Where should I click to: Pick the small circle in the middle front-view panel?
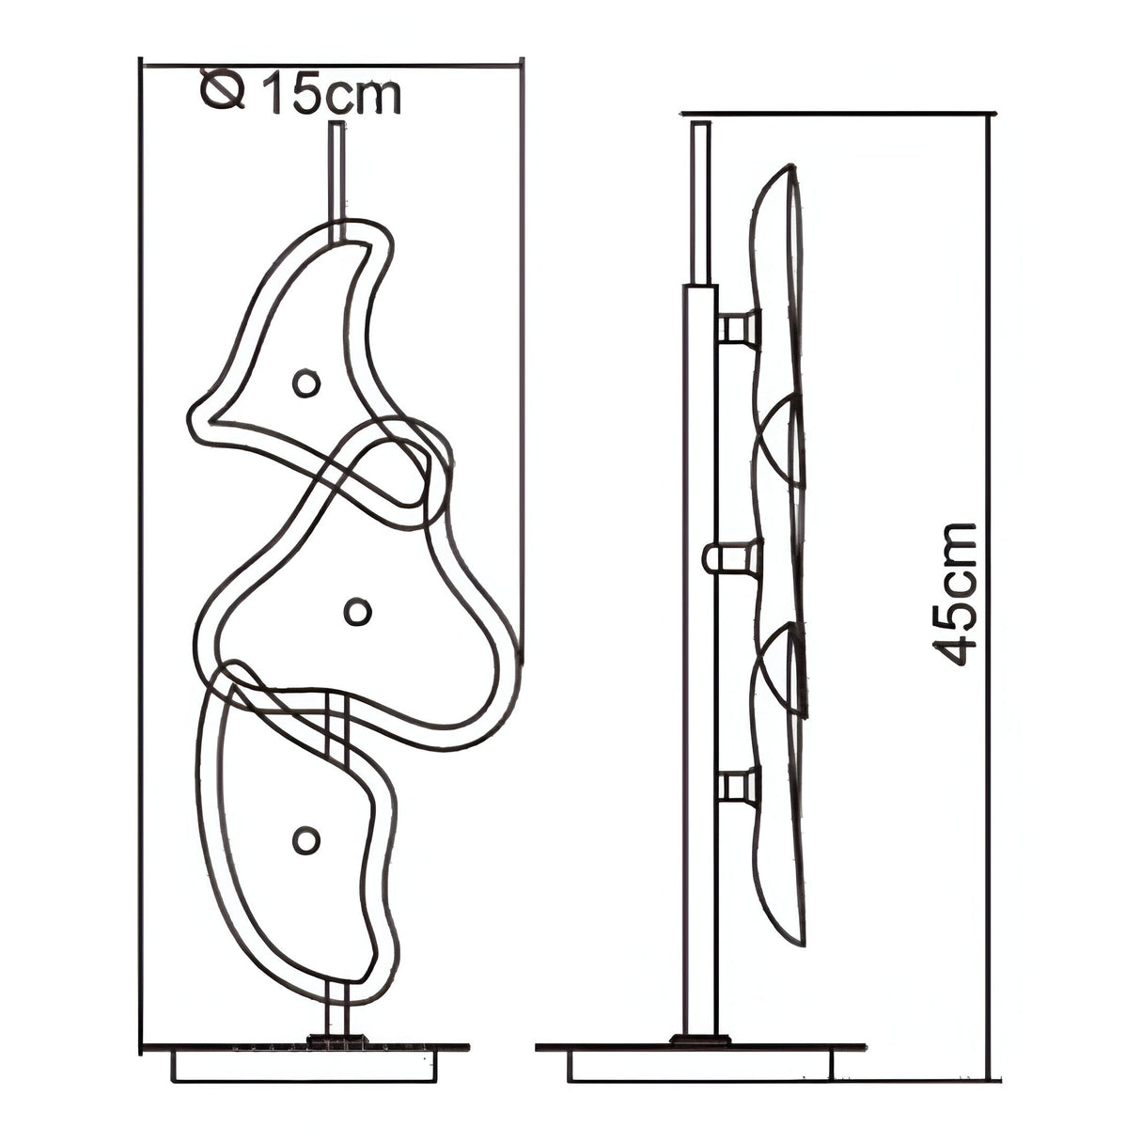pyautogui.click(x=358, y=612)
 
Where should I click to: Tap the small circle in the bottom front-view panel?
pyautogui.click(x=306, y=840)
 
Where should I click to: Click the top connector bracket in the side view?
pyautogui.click(x=739, y=327)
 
